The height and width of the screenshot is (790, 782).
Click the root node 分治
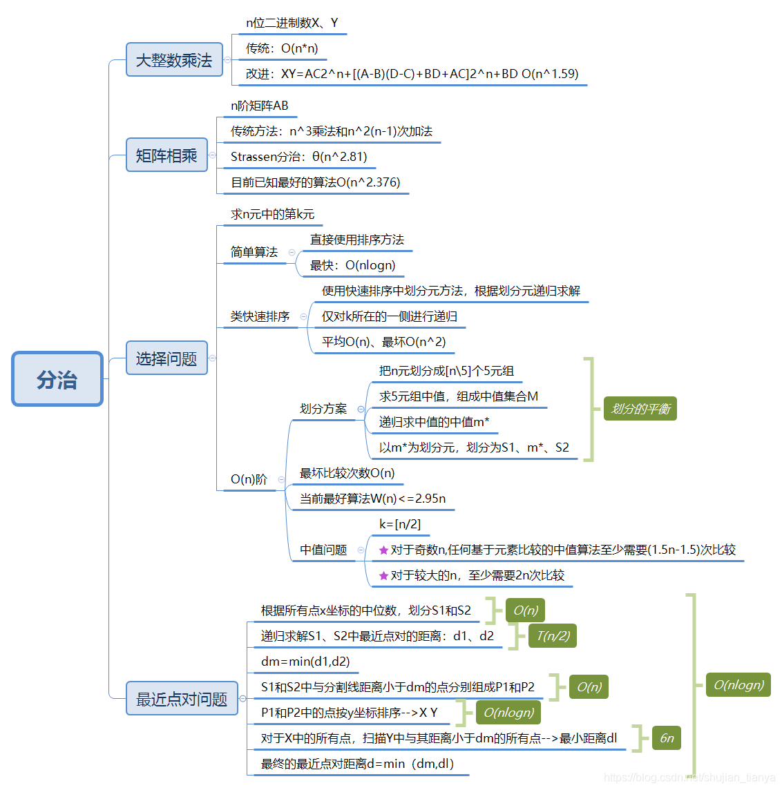coord(57,379)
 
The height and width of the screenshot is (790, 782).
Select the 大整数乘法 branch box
coord(174,60)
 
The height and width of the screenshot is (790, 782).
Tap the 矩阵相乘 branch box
coord(166,155)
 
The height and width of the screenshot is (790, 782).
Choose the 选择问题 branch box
coord(166,358)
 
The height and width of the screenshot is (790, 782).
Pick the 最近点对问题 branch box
coord(182,699)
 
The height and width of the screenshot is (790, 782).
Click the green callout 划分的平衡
coord(640,409)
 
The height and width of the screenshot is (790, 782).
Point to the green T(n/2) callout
coord(553,636)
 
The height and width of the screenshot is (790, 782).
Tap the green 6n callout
coord(667,738)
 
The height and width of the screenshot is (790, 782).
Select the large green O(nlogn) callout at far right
coord(738,685)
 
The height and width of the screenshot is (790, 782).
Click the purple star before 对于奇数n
coord(383,550)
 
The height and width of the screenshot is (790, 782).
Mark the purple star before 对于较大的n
coord(383,576)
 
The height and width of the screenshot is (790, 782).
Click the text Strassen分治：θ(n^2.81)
coord(298,157)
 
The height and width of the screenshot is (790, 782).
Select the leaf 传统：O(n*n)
coord(282,48)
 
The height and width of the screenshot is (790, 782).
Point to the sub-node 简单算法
coord(254,252)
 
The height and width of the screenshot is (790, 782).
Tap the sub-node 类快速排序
coord(260,316)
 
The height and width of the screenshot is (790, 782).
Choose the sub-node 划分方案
coord(323,409)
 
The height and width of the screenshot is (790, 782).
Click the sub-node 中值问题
coord(323,550)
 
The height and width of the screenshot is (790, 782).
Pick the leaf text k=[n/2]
coord(400,524)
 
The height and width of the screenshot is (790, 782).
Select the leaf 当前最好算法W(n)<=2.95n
coord(372,499)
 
